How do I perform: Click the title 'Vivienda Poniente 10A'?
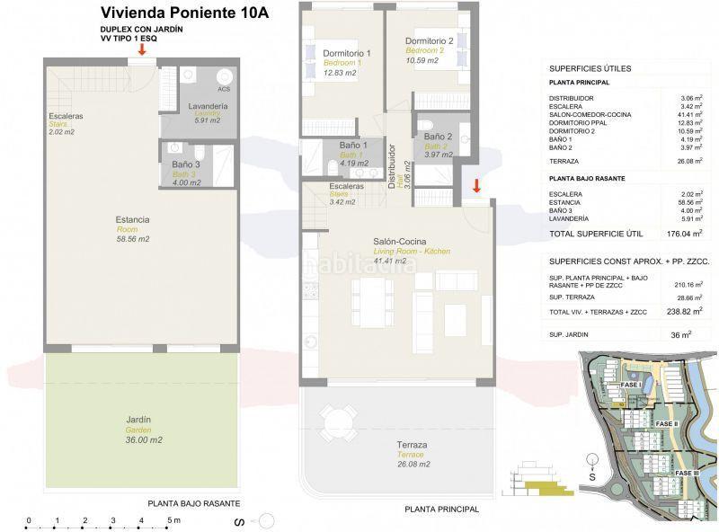pos(184,13)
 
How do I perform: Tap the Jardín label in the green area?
pos(138,419)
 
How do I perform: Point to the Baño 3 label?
pos(186,164)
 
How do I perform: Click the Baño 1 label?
pos(354,145)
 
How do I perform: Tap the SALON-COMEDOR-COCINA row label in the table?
pos(590,114)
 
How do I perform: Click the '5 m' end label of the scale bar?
pos(174,520)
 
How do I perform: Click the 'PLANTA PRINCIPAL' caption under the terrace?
pos(441,510)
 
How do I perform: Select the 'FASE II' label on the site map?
pos(666,423)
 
